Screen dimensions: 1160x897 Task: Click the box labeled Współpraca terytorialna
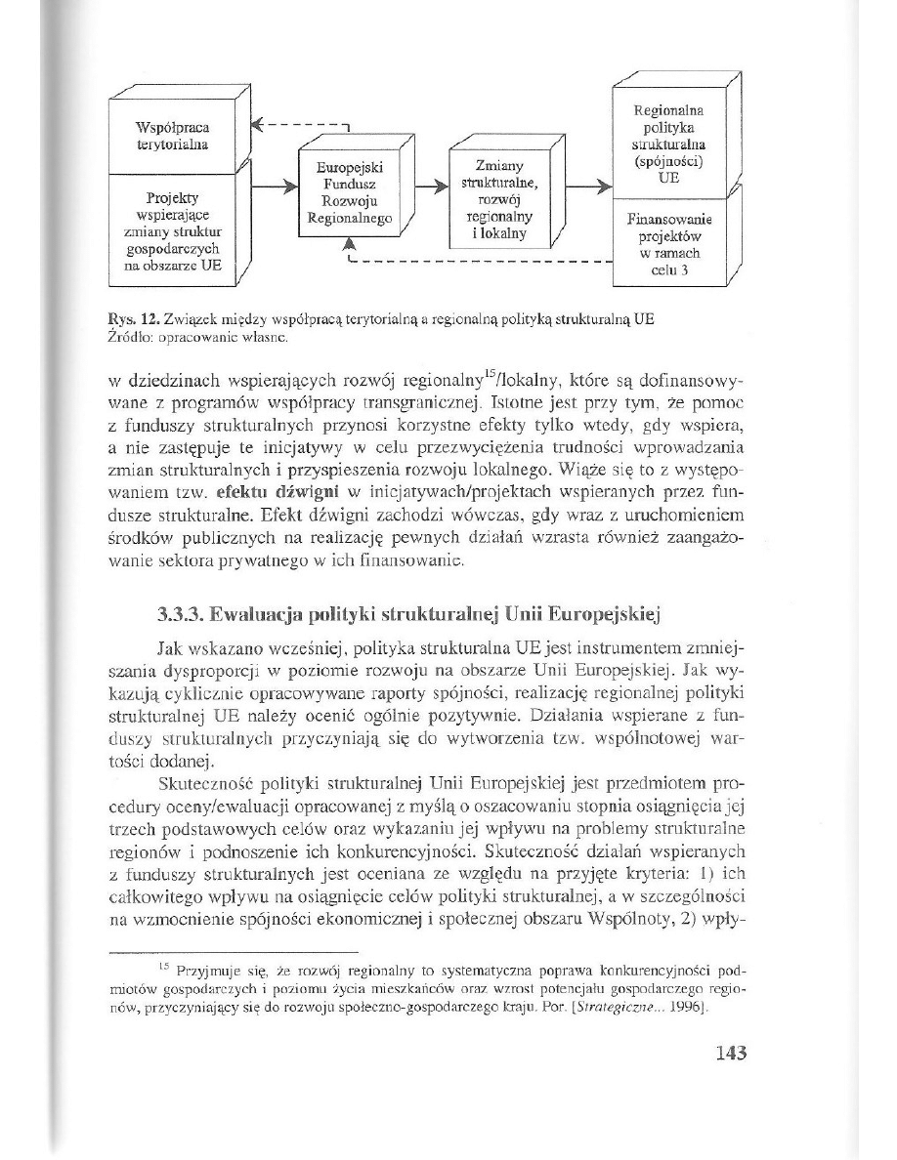click(x=174, y=136)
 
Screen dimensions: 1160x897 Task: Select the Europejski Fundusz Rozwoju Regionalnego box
click(x=349, y=193)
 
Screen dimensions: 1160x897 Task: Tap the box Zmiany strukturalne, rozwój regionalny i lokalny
click(x=498, y=200)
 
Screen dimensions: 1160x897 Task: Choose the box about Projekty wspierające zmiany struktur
click(x=174, y=230)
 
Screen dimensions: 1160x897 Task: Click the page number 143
click(x=731, y=1052)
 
